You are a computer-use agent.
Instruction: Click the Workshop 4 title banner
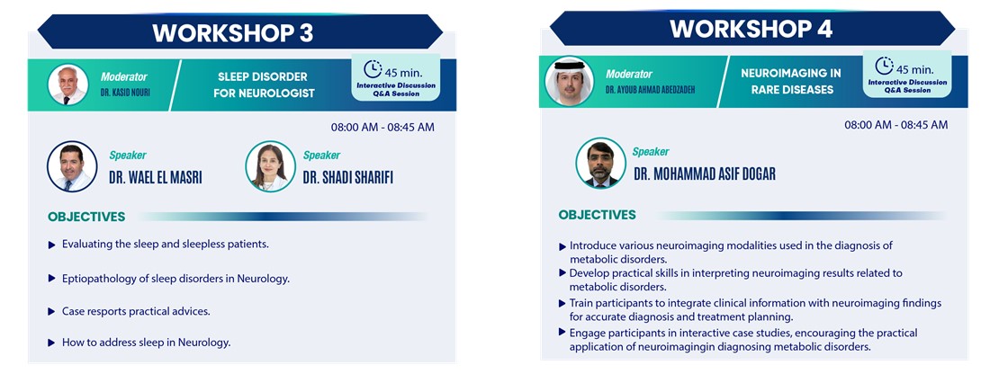coord(752,29)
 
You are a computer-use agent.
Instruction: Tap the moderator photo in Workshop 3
coord(67,85)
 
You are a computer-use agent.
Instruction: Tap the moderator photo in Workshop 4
coord(570,81)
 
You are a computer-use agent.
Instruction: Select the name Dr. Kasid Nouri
coord(124,92)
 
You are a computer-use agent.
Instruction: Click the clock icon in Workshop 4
coord(884,67)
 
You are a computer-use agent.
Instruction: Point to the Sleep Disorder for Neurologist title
coord(264,85)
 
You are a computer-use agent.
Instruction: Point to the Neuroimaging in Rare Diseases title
coord(791,81)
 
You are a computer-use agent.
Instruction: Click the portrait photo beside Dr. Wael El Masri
coord(72,166)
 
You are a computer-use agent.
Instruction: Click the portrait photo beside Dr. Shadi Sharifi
coord(270,166)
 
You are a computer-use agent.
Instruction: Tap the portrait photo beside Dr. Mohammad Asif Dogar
coord(600,163)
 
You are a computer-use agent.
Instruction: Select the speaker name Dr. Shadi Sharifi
coord(348,178)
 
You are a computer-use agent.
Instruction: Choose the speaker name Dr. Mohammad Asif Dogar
coord(705,174)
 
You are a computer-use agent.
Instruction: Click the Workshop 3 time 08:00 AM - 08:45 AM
coord(382,127)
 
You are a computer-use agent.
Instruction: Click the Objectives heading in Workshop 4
coord(597,215)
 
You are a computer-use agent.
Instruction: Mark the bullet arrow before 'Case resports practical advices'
coord(52,312)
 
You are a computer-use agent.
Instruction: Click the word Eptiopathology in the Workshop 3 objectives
coord(96,279)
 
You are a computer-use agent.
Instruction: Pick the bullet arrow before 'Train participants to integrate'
coord(562,303)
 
